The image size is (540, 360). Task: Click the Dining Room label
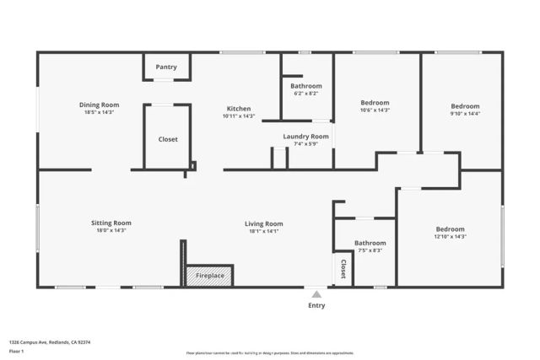pos(100,105)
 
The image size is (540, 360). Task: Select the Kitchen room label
pos(238,109)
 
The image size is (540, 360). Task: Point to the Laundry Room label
pos(305,136)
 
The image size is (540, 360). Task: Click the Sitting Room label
pos(111,223)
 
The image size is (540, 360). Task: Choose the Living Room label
pos(263,223)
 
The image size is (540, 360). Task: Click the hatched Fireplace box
pos(209,276)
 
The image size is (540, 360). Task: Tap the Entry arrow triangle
pos(316,294)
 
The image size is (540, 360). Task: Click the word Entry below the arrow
pos(316,305)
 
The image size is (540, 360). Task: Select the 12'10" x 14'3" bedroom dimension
pos(450,237)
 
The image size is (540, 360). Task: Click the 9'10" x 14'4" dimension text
pos(464,113)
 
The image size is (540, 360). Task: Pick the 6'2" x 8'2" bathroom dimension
pos(306,93)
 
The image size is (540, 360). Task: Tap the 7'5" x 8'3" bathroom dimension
pos(370,250)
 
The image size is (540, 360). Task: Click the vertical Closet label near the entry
pos(343,269)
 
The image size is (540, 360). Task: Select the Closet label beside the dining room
pos(168,139)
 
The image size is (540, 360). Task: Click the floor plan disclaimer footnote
pos(270,352)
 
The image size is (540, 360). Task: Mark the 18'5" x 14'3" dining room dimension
pos(100,112)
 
